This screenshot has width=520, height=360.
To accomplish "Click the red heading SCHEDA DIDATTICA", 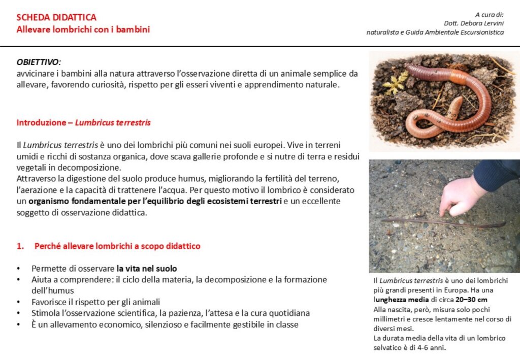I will tap(56, 18).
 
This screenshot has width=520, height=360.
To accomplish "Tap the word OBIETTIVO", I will tap(38, 62).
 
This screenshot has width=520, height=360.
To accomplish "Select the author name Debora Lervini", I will tap(482, 23).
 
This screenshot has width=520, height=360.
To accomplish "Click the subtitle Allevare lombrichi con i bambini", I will tap(83, 29).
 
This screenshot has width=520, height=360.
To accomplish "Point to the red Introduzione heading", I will tap(45, 123).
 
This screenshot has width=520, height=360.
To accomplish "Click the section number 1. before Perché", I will tap(20, 246).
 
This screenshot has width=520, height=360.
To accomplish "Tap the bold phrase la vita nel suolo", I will tap(146, 268).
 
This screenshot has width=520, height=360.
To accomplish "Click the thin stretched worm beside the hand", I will tap(442, 222).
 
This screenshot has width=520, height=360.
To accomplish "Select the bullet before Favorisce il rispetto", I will tap(19, 302).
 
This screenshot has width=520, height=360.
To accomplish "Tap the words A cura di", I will tap(489, 14).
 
